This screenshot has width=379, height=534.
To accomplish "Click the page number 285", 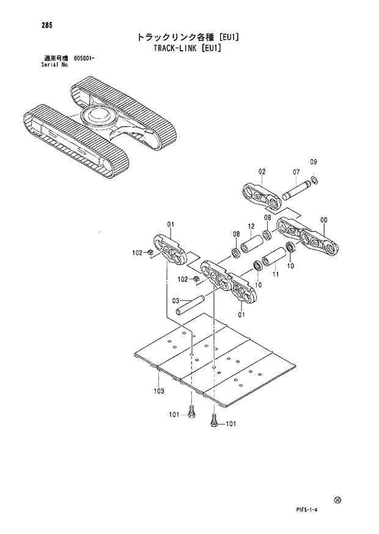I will tap(30, 25).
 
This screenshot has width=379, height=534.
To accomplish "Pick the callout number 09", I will tap(314, 162).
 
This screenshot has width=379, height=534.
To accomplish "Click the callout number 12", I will tap(251, 226).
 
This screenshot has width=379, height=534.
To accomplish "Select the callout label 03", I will tap(175, 300).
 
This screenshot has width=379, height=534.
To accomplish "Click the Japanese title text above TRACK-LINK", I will tap(188, 37).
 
